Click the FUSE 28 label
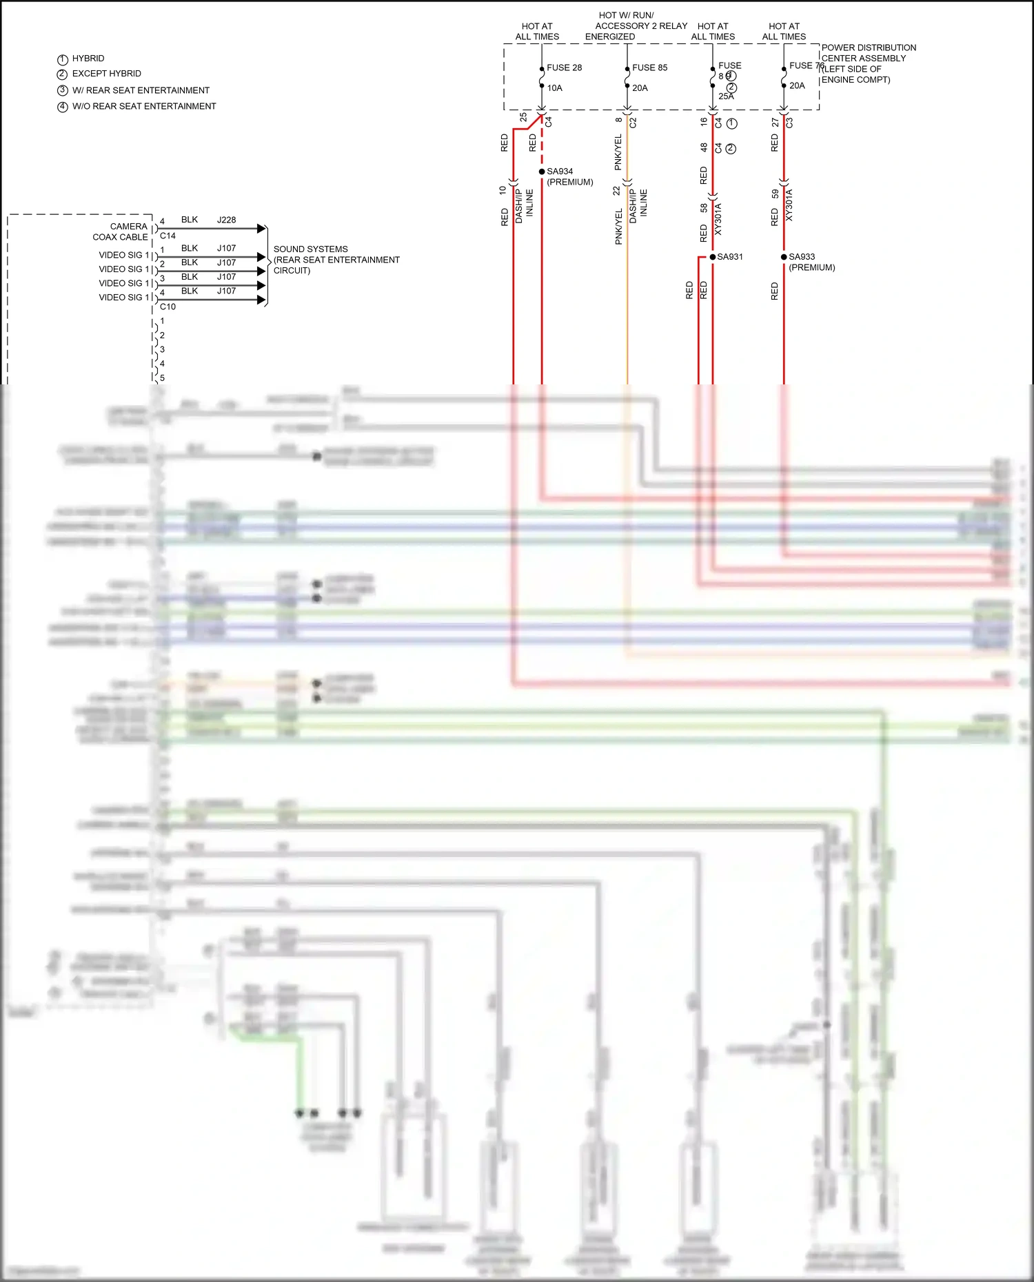tap(564, 68)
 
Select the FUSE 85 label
tap(649, 68)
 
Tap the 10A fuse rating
tap(555, 88)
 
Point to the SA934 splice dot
tap(542, 172)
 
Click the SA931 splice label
tap(730, 257)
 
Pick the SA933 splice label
tap(802, 257)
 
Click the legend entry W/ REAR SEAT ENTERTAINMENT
tap(141, 90)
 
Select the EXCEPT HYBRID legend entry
tap(107, 74)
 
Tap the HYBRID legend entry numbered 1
tap(88, 59)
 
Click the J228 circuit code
tap(226, 220)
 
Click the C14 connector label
tap(168, 236)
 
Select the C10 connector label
tap(168, 307)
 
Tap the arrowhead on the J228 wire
tap(261, 228)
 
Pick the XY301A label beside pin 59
tap(789, 205)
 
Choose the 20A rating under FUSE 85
tap(640, 88)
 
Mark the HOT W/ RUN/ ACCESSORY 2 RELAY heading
tap(640, 25)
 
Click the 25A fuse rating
tap(726, 96)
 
